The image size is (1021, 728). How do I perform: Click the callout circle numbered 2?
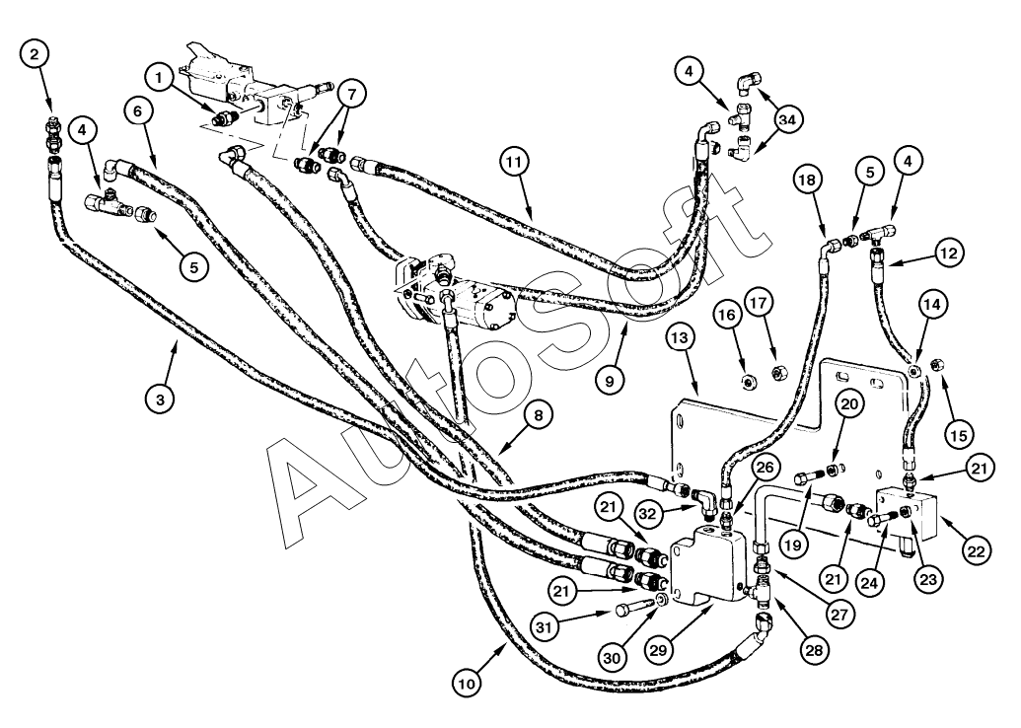tap(36, 56)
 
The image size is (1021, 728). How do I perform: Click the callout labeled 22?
tap(975, 551)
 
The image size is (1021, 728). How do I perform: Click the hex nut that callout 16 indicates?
tap(747, 375)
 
